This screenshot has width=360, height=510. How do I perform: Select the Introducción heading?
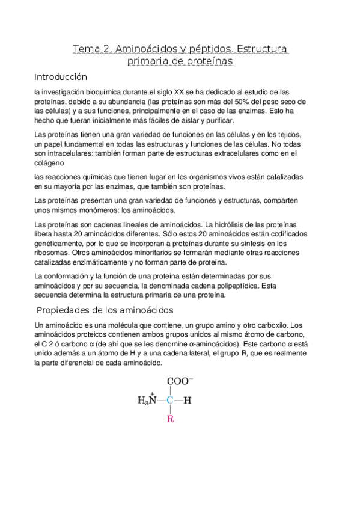coord(61,77)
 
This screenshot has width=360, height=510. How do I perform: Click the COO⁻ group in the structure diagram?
coord(180,381)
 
